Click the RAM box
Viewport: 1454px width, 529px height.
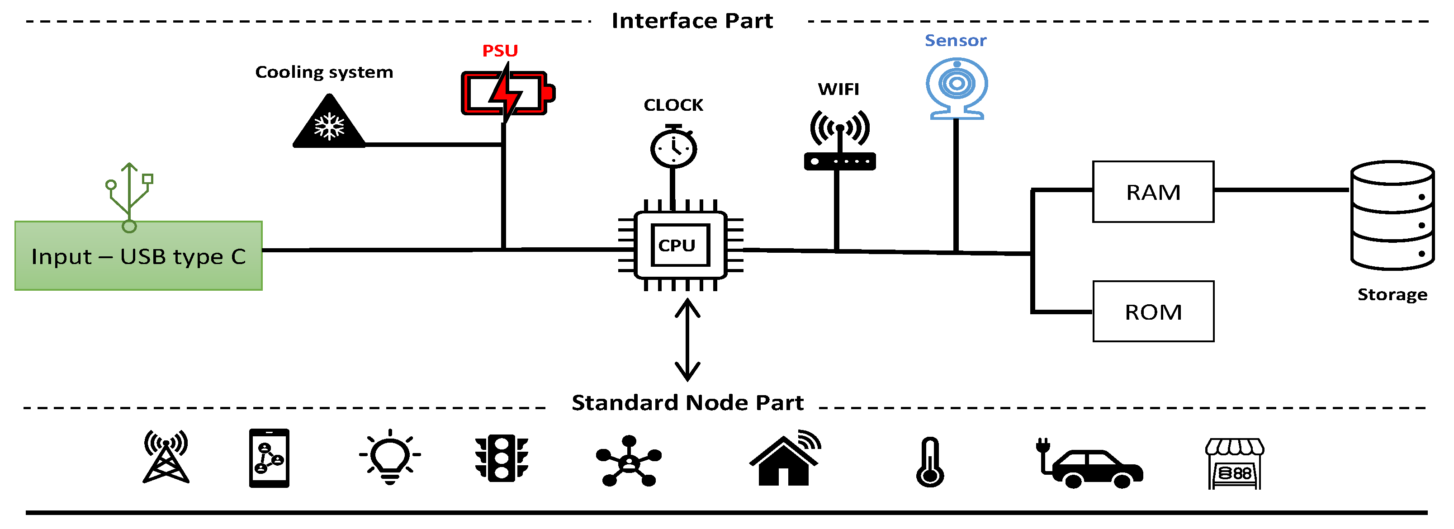point(1153,192)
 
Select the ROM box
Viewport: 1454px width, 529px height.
point(1153,312)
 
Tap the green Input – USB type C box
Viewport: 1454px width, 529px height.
point(138,256)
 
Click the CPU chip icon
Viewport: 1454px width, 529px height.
point(680,245)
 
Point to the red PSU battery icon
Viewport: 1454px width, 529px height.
point(507,93)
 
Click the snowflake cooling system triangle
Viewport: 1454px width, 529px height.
point(329,123)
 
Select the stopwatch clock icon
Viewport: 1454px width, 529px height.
point(673,147)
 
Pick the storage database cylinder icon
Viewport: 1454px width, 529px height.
point(1392,215)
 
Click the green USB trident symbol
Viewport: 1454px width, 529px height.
point(130,195)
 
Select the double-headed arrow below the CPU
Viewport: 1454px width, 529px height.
point(687,340)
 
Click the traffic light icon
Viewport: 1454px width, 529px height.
point(501,458)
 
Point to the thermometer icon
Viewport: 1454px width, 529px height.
point(930,462)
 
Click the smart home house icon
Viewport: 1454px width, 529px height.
point(785,458)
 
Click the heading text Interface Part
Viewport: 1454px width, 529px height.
point(692,21)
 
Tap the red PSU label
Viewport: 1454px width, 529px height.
point(500,51)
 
